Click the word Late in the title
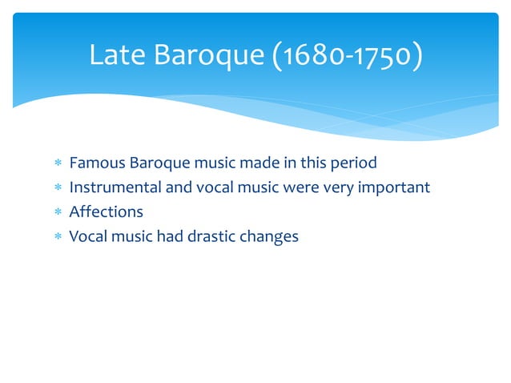tap(113, 56)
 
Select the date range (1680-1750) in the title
tap(349, 56)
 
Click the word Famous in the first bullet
tap(94, 163)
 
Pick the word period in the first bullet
tap(353, 163)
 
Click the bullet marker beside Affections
tap(58, 212)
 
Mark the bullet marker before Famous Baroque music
tap(58, 163)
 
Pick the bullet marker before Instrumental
tap(58, 188)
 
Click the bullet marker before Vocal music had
tap(58, 237)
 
